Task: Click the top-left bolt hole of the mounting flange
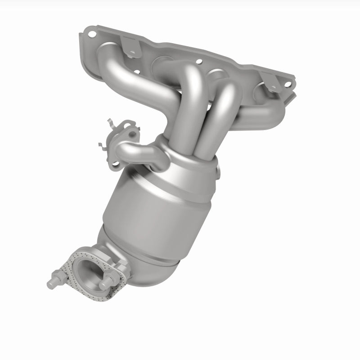click(x=92, y=34)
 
